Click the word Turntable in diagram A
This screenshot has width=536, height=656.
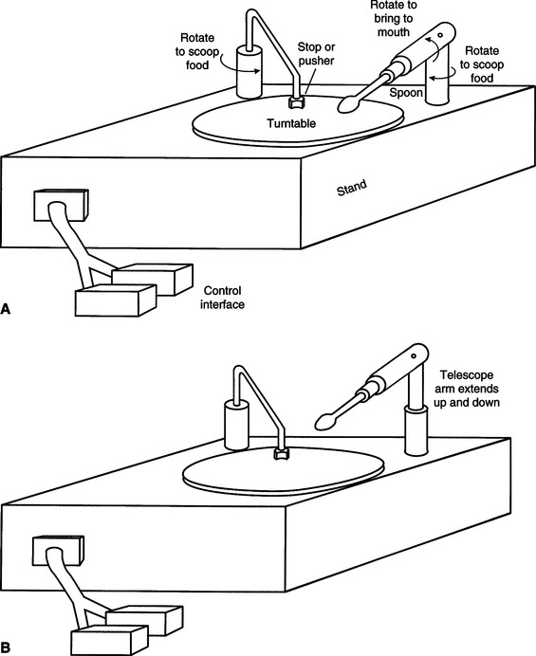291,123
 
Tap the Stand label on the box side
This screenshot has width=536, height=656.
352,188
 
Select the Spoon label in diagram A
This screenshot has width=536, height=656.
406,93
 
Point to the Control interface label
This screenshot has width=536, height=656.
222,298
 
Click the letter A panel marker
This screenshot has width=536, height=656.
6,309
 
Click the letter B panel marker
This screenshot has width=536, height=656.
6,650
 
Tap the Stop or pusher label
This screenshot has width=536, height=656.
316,53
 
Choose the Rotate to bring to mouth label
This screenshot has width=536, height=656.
394,18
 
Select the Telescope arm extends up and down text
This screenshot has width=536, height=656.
467,389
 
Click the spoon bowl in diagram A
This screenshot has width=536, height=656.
347,104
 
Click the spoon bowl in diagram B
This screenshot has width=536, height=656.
325,421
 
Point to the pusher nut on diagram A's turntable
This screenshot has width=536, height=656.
297,101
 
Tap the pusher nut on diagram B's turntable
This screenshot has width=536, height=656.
279,454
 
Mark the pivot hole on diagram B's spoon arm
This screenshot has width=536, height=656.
414,356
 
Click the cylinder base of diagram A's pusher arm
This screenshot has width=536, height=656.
249,72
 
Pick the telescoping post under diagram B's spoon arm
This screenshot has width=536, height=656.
416,430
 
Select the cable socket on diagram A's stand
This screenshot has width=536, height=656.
61,205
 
